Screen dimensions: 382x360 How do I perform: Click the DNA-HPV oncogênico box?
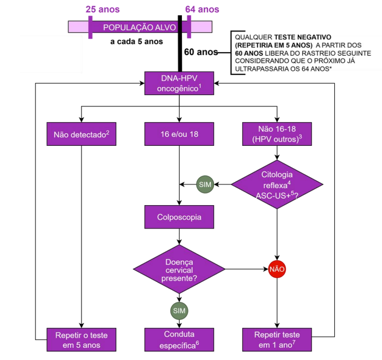pos(179,83)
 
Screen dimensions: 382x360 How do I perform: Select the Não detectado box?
pos(82,134)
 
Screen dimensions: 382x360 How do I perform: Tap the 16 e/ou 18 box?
pos(179,134)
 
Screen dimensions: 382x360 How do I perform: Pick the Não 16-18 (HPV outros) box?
pos(277,134)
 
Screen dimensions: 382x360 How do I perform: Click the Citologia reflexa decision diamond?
pos(277,185)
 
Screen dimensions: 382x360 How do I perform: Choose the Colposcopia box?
pos(179,217)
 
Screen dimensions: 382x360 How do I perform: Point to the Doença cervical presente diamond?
pos(179,269)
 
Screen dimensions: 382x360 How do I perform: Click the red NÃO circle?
pos(277,269)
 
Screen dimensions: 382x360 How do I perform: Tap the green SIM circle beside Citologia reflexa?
pos(205,185)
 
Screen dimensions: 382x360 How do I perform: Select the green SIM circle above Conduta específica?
pos(179,311)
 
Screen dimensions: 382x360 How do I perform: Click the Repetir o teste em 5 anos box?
pos(82,340)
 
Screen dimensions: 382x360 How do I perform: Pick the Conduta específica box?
pos(179,340)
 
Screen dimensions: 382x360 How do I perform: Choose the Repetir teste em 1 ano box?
pos(277,340)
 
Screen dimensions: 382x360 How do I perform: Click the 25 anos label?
pos(103,9)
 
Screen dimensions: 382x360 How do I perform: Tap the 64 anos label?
pos(202,9)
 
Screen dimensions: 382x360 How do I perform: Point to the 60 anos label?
pos(201,52)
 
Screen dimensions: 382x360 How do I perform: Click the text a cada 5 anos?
pos(137,42)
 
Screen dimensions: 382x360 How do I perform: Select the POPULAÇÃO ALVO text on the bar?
pos(140,27)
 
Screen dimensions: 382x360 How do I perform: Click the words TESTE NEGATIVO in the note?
pos(303,38)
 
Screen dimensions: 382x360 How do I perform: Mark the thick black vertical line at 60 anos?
pos(180,44)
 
